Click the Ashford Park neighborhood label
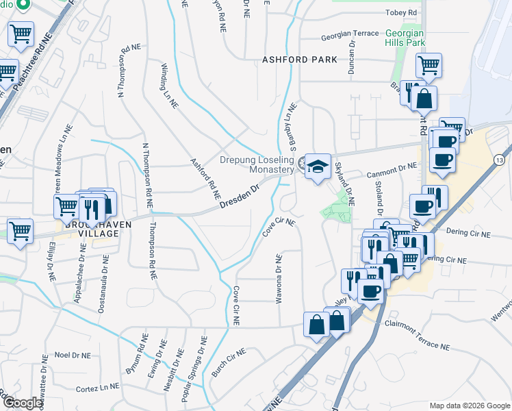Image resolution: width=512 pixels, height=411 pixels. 299,60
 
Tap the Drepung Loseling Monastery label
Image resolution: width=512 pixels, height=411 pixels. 257,166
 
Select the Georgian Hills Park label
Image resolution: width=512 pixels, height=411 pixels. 405,38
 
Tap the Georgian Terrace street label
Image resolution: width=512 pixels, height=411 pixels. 350,34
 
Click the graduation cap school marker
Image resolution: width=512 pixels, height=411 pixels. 318,167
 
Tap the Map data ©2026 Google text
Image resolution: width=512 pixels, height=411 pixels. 469,405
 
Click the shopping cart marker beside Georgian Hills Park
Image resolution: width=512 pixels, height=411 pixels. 428,66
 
